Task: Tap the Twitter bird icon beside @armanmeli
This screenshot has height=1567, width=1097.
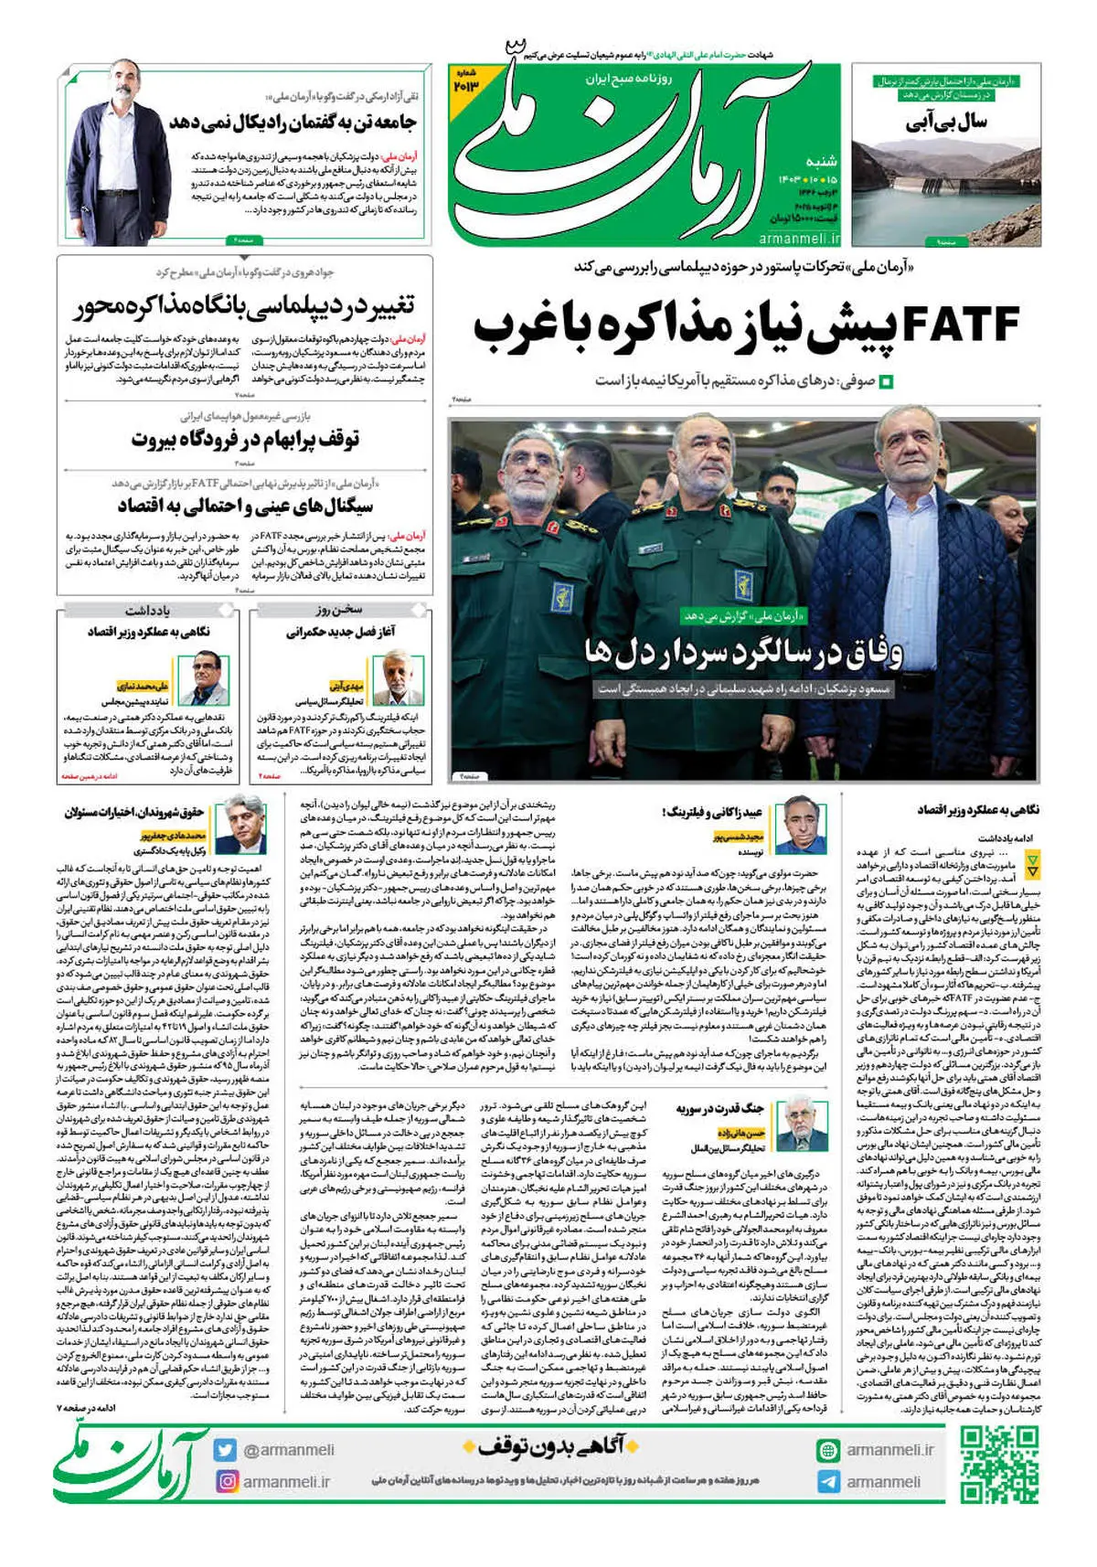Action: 226,1450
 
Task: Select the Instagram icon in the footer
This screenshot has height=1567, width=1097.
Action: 226,1481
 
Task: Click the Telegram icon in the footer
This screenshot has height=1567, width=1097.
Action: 828,1482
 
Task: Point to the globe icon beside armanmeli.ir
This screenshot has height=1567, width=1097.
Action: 828,1450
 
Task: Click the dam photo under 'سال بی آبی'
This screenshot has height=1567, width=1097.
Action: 946,192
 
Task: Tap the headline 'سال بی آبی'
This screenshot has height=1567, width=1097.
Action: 946,122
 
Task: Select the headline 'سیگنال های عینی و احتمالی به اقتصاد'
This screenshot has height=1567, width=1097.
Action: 245,506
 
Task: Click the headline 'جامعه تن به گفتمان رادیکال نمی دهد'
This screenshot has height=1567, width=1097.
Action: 293,123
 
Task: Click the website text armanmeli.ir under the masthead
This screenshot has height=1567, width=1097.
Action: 799,239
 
